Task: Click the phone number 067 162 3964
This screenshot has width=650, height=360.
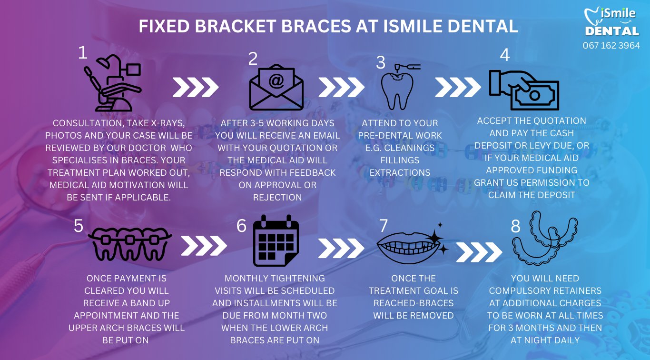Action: click(611, 46)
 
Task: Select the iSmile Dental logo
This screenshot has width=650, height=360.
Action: click(611, 22)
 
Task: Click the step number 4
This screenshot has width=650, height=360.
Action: click(505, 55)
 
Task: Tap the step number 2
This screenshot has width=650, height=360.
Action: click(253, 59)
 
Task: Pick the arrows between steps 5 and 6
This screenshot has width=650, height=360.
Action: click(204, 245)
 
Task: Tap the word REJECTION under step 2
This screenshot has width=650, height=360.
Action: click(277, 197)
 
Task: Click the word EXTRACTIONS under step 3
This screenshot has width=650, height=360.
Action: click(400, 172)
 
